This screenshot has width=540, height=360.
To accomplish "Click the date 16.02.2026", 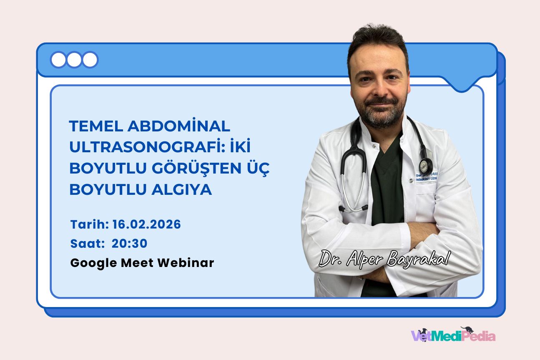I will click(x=147, y=224).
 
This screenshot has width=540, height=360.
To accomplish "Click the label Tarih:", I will click(x=90, y=224).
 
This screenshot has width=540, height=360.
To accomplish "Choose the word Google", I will click(x=94, y=263).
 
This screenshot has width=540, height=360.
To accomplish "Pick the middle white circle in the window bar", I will click(x=74, y=60).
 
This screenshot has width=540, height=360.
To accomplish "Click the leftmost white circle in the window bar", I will click(x=58, y=60).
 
